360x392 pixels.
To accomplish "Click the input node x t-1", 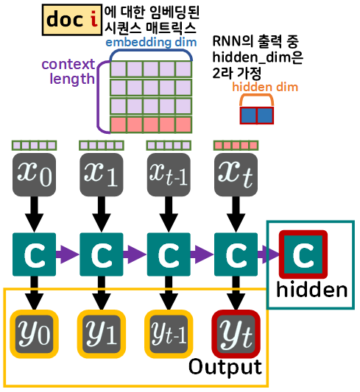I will tap(169, 175).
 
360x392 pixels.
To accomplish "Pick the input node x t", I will tap(235, 175).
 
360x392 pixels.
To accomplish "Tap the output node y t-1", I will tap(168, 332).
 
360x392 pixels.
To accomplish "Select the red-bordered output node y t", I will tap(235, 332).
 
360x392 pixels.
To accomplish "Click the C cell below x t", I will tap(235, 254).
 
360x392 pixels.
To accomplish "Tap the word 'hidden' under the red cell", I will tap(312, 290).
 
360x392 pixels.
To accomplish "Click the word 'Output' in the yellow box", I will tap(225, 366).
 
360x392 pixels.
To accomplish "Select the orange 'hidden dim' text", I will tap(255, 88).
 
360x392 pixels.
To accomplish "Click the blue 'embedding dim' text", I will tap(150, 42).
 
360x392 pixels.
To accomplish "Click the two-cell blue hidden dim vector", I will tap(256, 115).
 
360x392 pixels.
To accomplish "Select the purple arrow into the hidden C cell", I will tap(269, 254).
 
